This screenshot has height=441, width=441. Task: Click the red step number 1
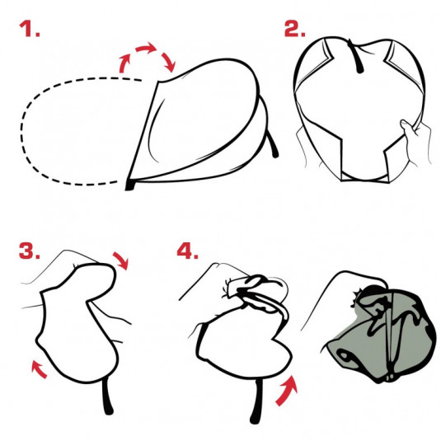pyautogui.click(x=29, y=29)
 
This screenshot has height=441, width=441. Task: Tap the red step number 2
pyautogui.click(x=294, y=29)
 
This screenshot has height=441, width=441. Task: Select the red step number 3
pyautogui.click(x=29, y=251)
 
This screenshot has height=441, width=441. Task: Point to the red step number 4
pyautogui.click(x=188, y=251)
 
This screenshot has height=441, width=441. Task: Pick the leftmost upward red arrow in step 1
pyautogui.click(x=124, y=63)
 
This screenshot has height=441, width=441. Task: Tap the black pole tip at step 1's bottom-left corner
pyautogui.click(x=130, y=185)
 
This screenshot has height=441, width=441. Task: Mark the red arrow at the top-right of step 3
pyautogui.click(x=121, y=260)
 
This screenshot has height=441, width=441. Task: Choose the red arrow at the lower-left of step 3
pyautogui.click(x=39, y=369)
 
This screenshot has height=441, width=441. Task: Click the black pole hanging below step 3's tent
pyautogui.click(x=107, y=396)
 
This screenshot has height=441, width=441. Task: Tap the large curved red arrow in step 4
pyautogui.click(x=286, y=391)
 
